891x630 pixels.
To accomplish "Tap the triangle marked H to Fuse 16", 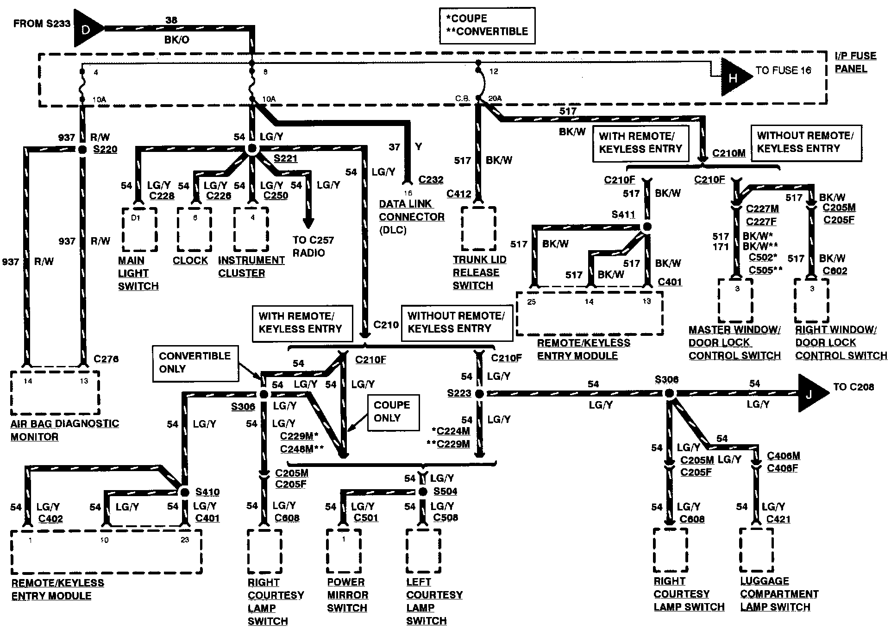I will (734, 78).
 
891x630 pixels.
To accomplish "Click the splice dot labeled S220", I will (82, 149).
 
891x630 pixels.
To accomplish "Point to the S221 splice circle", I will (251, 149).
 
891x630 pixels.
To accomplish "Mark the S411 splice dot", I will (647, 227).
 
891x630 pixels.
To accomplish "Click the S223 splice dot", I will (480, 394).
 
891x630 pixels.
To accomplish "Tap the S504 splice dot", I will (422, 491).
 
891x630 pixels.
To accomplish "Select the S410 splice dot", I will (184, 492).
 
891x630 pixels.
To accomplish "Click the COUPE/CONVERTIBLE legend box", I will (487, 25).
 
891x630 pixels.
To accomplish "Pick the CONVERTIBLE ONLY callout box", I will (195, 363).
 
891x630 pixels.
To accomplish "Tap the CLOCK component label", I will (190, 260).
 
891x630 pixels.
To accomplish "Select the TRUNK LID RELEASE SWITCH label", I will (479, 272).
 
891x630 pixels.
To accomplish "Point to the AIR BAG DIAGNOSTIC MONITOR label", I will (65, 430).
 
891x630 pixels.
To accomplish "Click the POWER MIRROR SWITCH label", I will (347, 595).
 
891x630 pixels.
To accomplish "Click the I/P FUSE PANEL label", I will (855, 63).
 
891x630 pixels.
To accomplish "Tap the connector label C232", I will (431, 180).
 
